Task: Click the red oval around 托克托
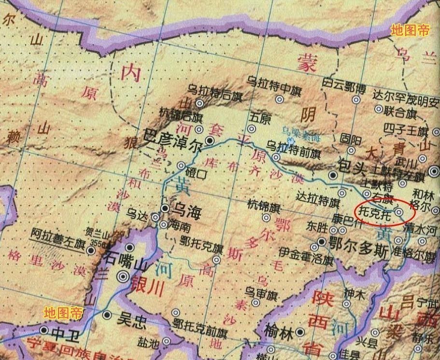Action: (x=385, y=211)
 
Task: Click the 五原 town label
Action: (x=260, y=118)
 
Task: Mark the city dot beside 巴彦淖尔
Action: (x=210, y=140)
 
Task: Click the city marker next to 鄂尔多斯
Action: (x=321, y=242)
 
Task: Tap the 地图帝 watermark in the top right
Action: (x=410, y=30)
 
